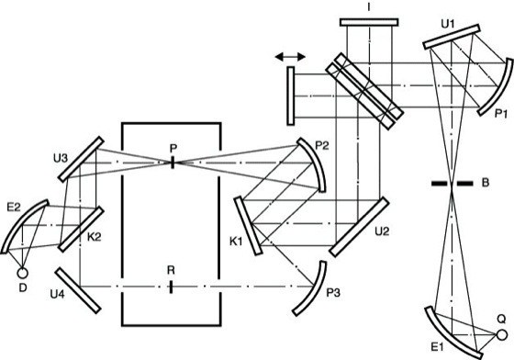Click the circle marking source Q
pos(501,335)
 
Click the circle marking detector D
pos(22,273)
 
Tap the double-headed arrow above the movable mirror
pos(290,57)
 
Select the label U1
pos(448,24)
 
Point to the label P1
pos(502,114)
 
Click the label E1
pos(437,347)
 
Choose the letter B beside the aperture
pos(486,182)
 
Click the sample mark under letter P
pos(173,163)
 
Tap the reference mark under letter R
pos(171,287)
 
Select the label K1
pos(236,242)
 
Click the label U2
pos(382,231)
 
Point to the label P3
pos(333,293)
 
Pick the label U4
pos(57,295)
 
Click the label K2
pos(94,237)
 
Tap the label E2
pos(14,208)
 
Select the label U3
pos(61,158)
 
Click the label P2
pos(321,146)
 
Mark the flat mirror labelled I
pos(369,22)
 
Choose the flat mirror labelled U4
pos(78,290)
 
